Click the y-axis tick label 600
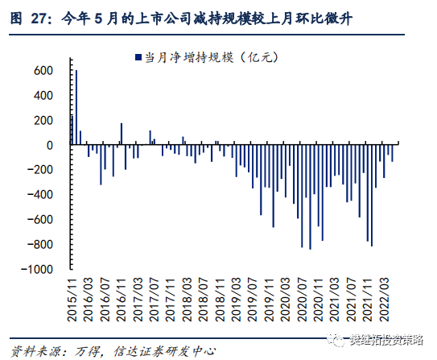[x=43, y=71]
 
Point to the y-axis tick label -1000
[x=38, y=270]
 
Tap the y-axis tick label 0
[x=49, y=146]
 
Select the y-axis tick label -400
[x=40, y=196]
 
